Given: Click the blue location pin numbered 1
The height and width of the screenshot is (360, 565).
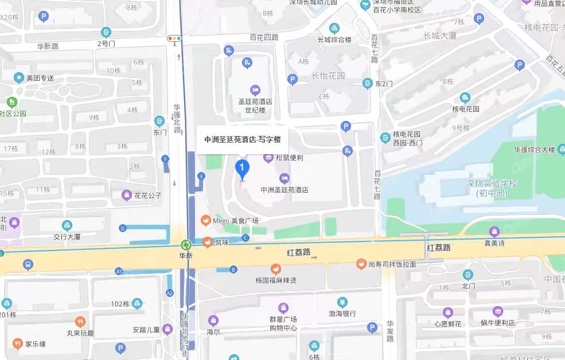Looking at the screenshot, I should pos(243,169).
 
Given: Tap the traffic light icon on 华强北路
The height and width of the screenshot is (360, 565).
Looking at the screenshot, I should pos(174,39).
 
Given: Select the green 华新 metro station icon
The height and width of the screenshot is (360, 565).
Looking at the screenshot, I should pos(185,244).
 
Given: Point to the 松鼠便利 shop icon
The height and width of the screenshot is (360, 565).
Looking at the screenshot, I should pos(267,157).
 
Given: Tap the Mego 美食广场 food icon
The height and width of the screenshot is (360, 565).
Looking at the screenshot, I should pos(205,220).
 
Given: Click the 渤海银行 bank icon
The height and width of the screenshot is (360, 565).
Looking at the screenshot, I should pos(342,302).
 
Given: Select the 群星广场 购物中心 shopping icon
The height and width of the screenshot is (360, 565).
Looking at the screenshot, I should pos(282,308).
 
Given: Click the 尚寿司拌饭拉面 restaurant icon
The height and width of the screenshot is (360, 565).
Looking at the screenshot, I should pos(361,264).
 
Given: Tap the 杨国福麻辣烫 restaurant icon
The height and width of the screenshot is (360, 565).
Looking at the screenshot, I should pos(276,268).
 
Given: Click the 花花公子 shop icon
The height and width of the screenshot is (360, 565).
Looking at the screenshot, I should pos(126,195).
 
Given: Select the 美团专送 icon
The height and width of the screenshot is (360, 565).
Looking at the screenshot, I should pos(19,77).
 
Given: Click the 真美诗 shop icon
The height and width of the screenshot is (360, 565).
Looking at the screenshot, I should pos(494,232).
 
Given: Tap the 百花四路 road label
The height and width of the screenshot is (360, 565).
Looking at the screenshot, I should pos(264,37).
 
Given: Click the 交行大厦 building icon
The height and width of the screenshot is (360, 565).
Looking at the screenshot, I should pos(68,225).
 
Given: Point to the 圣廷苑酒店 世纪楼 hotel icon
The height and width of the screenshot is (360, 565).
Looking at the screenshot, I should pos(255,90).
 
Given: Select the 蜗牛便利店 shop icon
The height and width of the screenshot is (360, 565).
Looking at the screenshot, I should pos(497,311).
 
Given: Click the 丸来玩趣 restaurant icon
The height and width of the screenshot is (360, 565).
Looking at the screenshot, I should pos(80,322).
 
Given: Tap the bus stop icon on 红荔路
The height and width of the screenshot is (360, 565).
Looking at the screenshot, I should pos(28,264).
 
